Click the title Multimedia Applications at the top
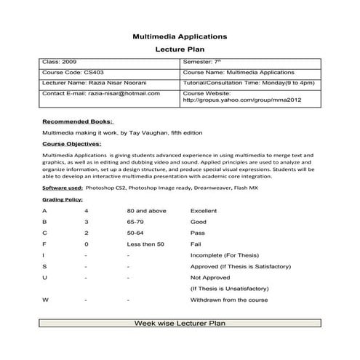coord(180,35)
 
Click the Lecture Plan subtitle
coord(180,50)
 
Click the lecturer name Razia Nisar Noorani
coord(103,83)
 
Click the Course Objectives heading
coord(73,145)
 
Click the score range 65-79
coord(136,221)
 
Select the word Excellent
coord(204,210)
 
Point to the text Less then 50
coord(145,244)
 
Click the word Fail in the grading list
coord(195,244)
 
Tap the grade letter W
coord(46,300)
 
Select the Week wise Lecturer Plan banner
coord(180,322)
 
